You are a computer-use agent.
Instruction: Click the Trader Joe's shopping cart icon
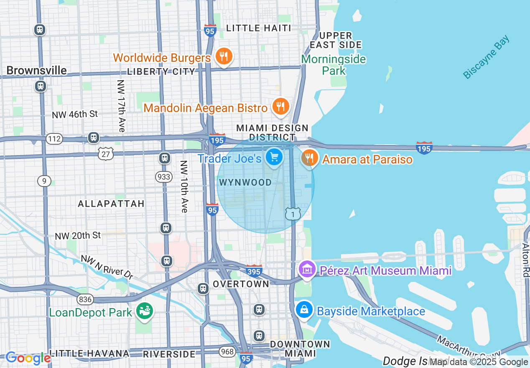[274, 158]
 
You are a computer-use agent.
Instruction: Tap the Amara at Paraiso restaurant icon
[310, 158]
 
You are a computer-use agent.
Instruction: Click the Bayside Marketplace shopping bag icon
[304, 310]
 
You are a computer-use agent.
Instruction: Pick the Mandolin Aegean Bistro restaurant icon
[280, 107]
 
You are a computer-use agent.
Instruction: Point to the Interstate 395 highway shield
[254, 271]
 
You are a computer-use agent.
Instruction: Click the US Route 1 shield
[293, 214]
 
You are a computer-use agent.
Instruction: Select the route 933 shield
[164, 177]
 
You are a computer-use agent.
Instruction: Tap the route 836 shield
[84, 299]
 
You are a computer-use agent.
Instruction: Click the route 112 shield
[54, 139]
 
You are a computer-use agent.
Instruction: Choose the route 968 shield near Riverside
[227, 351]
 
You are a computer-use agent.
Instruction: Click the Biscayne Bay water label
[487, 57]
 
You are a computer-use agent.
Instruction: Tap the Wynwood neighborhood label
[245, 182]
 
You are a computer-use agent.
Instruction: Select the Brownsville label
[36, 70]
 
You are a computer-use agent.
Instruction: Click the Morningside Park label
[334, 65]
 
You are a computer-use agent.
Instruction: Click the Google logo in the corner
[28, 358]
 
